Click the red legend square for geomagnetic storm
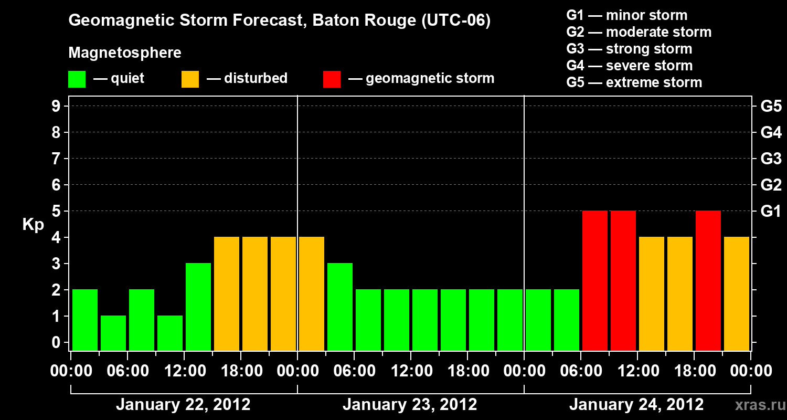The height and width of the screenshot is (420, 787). coord(332,79)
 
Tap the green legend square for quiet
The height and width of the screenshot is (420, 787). coord(77,79)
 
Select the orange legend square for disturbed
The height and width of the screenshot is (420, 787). coord(190,79)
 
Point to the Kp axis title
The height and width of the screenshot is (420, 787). coord(33,225)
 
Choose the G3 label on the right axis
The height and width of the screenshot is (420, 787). coord(771,159)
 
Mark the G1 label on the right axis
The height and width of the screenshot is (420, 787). coord(771,211)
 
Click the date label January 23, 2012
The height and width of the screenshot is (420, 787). coord(410,405)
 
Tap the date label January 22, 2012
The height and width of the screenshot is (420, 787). coord(183,405)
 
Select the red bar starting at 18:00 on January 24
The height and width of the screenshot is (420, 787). coord(708,281)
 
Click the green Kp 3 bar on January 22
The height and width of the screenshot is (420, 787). coord(198,307)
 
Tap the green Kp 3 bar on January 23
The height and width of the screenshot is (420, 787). coord(340,307)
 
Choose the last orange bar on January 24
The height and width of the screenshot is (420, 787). coord(737,294)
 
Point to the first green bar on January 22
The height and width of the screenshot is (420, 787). coord(85,320)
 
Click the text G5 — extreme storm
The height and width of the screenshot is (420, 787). coord(634,82)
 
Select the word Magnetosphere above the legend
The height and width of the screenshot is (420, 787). coord(125,53)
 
